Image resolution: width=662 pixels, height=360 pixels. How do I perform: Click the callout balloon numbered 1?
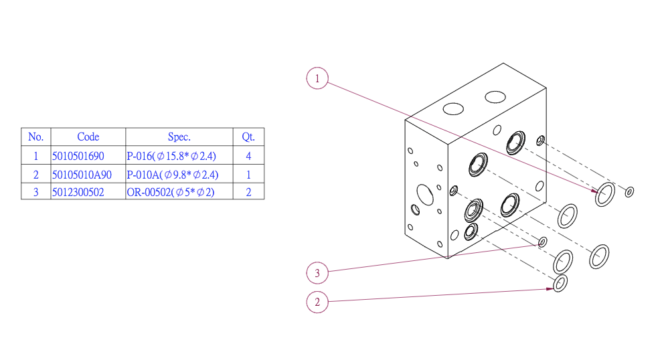317,78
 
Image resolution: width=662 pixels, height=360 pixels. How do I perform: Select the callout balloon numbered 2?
317,302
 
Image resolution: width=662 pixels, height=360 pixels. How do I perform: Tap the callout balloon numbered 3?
317,272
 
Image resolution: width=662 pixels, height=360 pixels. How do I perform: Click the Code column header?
88,137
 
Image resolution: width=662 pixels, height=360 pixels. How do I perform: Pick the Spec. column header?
179,137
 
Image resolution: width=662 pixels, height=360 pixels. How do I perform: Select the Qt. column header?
248,137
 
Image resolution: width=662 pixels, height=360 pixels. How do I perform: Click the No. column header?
36,137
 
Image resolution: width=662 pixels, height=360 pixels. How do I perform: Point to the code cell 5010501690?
78,156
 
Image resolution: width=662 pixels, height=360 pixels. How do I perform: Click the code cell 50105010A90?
82,175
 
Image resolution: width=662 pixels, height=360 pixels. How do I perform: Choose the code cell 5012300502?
78,193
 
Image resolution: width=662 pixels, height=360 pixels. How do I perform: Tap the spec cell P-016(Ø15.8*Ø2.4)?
171,156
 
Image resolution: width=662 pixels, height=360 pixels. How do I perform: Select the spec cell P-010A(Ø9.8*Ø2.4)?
173,175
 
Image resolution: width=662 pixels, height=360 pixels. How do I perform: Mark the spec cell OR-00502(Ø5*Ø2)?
171,193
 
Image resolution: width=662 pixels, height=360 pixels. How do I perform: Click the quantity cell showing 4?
249,156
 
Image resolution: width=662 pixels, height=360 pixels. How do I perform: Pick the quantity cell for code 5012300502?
249,193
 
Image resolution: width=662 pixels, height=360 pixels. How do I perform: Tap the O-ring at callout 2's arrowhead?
554,284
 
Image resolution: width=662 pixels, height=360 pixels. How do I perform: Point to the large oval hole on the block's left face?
417,195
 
